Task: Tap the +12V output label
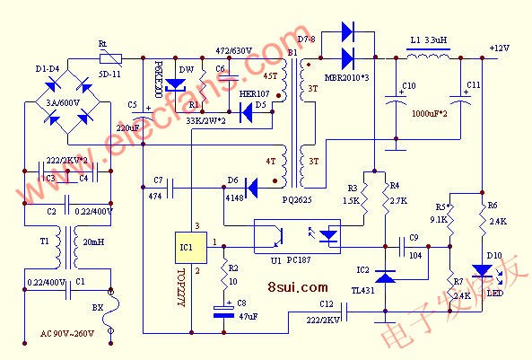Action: point(500,48)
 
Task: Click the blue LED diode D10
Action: point(482,270)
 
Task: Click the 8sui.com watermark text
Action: point(297,287)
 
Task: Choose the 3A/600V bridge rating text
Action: point(64,102)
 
